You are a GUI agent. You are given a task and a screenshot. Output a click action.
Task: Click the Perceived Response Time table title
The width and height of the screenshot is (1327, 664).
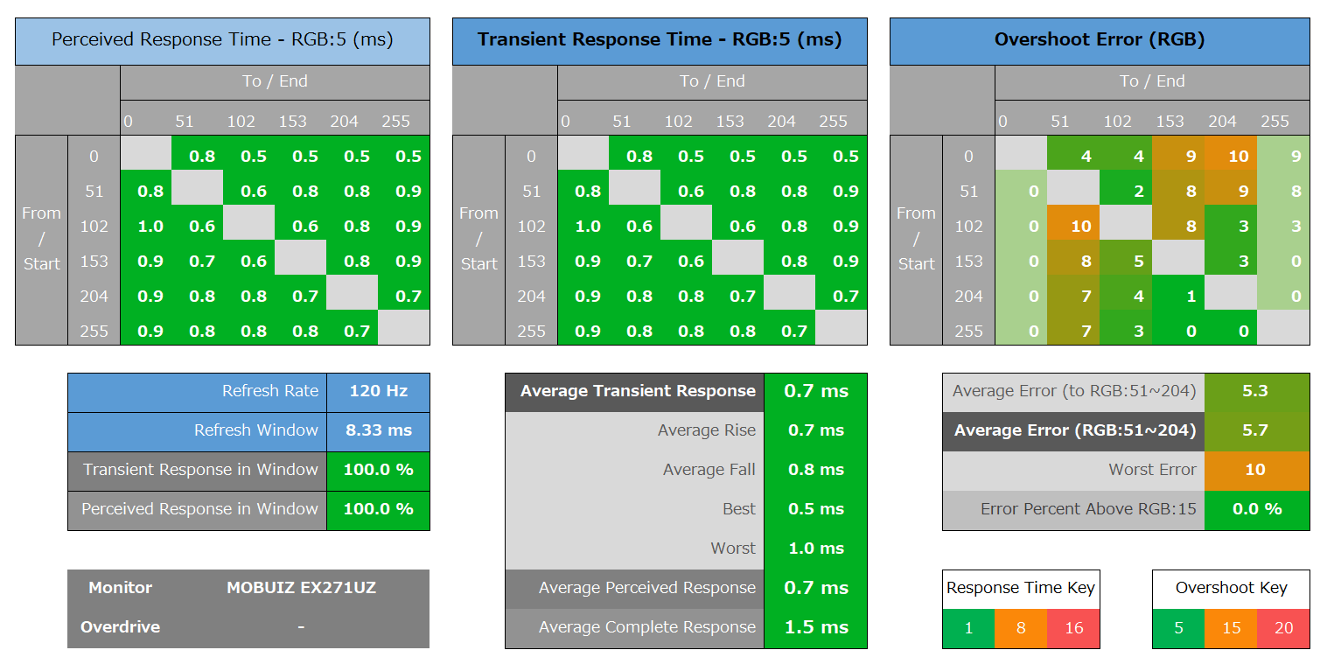[222, 40]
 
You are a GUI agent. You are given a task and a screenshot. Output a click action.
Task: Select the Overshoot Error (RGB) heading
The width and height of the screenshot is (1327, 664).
[1100, 40]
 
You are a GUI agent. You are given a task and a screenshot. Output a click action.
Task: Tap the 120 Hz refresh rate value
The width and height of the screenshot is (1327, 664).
[378, 391]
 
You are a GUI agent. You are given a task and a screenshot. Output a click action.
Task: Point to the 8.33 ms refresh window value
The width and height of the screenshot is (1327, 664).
[378, 430]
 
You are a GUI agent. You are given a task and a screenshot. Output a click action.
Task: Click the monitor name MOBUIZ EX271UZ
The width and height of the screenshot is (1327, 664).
[301, 588]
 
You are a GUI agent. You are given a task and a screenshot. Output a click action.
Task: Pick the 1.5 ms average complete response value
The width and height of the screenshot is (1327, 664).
[815, 627]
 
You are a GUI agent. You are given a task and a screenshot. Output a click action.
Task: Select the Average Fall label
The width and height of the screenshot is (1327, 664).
[709, 470]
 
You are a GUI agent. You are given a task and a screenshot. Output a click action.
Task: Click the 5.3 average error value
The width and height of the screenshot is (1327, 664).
[1255, 391]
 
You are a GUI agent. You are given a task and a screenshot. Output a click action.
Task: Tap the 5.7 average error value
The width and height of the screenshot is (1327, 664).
[1255, 430]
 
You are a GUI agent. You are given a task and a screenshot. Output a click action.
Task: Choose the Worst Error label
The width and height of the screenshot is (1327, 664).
[1152, 470]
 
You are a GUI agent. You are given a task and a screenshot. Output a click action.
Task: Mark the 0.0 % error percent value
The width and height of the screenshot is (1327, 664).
[1256, 509]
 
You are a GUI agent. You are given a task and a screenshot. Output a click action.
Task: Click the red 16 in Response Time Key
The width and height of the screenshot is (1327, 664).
[1073, 628]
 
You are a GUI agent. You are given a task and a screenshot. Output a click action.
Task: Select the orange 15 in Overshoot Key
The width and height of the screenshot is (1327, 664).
[1231, 628]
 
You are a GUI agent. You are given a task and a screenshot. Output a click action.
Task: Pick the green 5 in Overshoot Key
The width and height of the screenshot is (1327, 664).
[1178, 628]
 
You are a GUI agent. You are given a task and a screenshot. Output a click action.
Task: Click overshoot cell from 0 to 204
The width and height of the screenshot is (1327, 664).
[1231, 157]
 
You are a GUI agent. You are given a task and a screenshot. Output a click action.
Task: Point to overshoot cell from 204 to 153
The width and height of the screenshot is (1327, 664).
[1178, 297]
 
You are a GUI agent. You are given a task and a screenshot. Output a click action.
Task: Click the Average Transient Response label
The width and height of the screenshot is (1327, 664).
[638, 391]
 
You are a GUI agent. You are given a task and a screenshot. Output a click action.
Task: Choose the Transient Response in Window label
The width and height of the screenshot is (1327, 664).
[200, 470]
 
